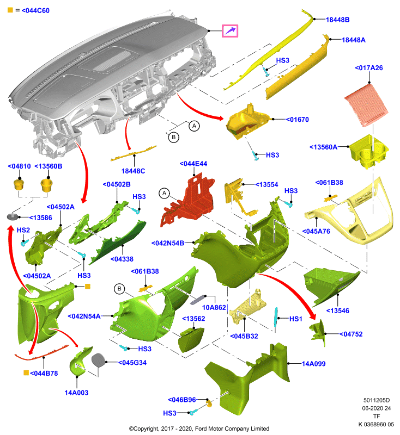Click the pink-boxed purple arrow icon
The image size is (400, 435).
(x=230, y=31)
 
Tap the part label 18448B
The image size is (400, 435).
(x=337, y=20)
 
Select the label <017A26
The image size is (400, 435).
(x=368, y=67)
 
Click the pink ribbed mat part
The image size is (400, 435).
(x=366, y=105)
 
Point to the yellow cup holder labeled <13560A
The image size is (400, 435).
(x=368, y=152)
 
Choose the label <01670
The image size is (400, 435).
(x=297, y=120)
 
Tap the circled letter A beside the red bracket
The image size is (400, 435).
(x=164, y=193)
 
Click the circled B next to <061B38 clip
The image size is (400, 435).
(x=119, y=289)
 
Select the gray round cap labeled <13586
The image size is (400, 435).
(x=13, y=216)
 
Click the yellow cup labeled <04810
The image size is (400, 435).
(x=19, y=184)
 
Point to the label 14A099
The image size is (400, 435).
(x=313, y=364)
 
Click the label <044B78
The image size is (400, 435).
(x=44, y=374)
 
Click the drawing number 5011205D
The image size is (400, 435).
(x=377, y=400)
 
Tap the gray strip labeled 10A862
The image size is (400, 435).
(x=198, y=300)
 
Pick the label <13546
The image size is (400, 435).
(x=337, y=310)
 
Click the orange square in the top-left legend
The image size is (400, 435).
(x=10, y=10)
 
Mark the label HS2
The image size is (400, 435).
(x=23, y=230)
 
